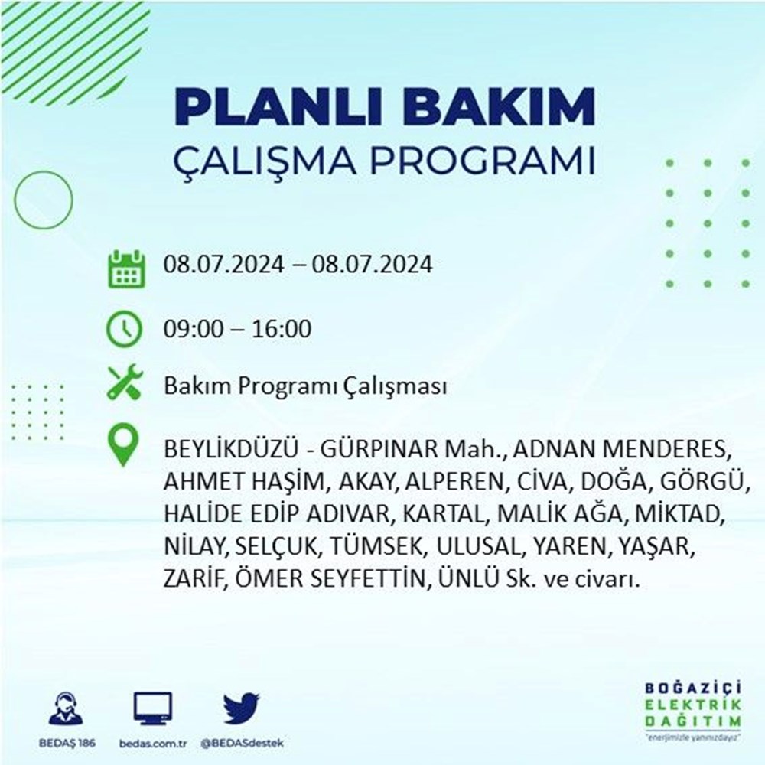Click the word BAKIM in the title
coord(499,108)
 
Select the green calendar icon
coord(126,269)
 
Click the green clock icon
coord(125,329)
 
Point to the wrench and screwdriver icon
coord(125,382)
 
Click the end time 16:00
coord(281,329)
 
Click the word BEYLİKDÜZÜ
coord(230,449)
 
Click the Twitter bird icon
coord(242,708)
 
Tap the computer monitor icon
coord(153,708)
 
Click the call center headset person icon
coord(67,708)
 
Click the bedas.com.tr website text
coord(153,744)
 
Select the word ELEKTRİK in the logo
coord(693,705)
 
